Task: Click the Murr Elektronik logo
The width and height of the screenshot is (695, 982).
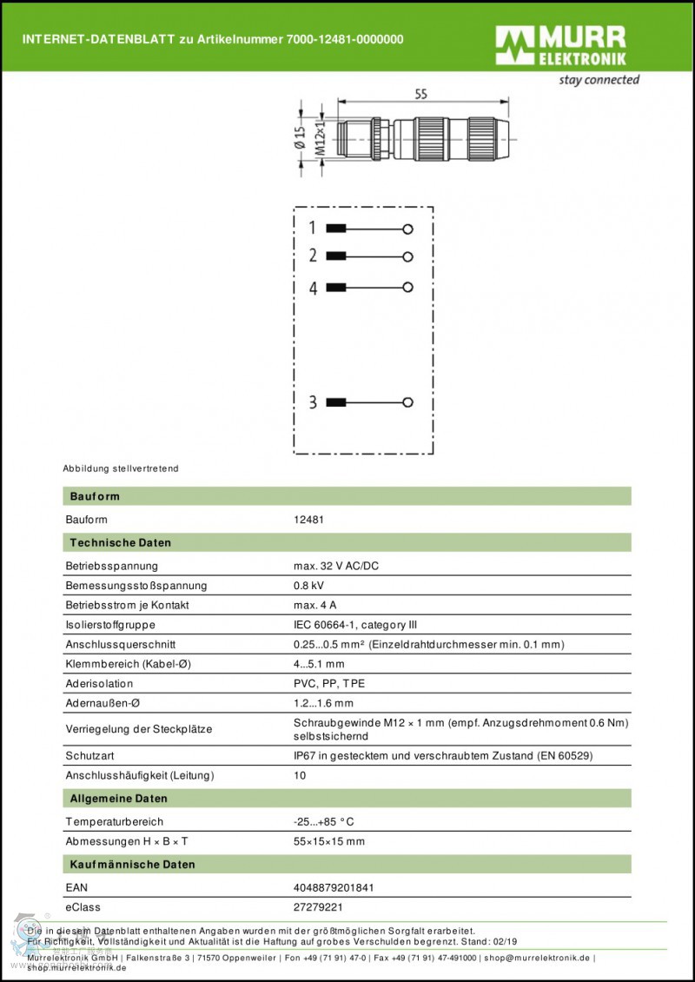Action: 560,45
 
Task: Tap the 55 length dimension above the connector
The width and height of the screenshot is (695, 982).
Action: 420,96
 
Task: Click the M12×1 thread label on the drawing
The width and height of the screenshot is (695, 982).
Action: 319,138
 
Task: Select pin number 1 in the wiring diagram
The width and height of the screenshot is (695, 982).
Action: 313,229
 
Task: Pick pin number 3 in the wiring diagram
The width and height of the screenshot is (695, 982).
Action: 313,402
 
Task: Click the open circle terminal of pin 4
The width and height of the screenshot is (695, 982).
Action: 407,286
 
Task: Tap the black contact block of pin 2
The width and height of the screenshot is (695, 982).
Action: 336,256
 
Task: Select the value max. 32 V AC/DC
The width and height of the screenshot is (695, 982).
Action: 336,567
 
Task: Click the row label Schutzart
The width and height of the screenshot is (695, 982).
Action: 89,756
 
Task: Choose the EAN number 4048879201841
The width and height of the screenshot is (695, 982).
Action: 334,888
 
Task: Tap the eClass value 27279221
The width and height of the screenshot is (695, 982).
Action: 319,907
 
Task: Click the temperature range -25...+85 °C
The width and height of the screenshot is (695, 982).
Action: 324,821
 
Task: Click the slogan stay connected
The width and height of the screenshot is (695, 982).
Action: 599,80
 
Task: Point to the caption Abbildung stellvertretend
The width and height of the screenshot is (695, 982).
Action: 121,468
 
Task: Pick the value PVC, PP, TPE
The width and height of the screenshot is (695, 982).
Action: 329,684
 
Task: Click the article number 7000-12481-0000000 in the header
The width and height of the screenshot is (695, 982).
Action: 345,39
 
